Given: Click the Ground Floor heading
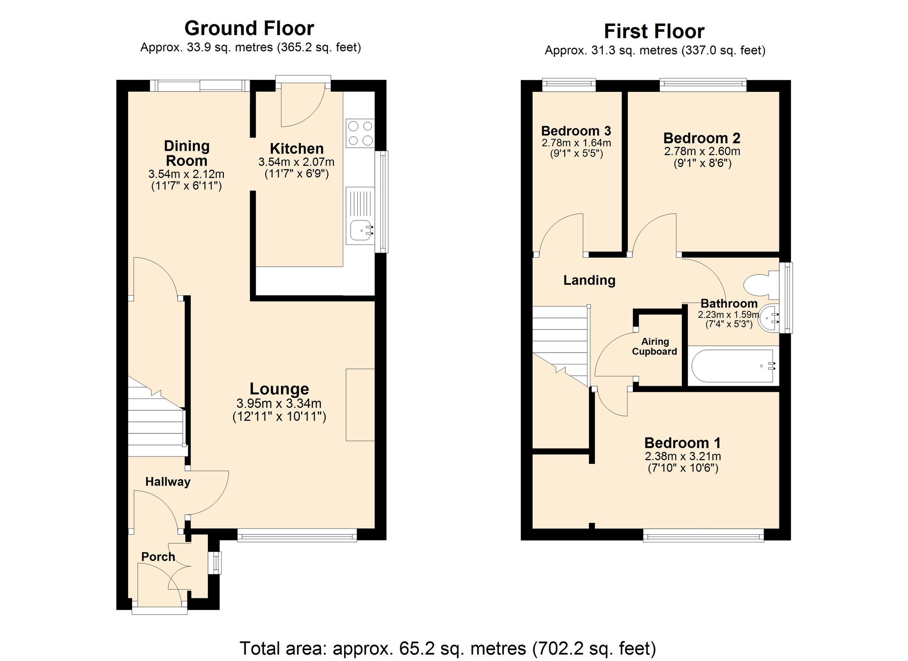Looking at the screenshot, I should (249, 29).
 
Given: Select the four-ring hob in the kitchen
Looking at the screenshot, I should (360, 133).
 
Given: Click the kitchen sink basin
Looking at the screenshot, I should (361, 230).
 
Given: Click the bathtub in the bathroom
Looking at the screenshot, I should (733, 366).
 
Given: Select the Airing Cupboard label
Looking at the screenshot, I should (655, 347).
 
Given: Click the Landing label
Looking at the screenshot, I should (589, 280).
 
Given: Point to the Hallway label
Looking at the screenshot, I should (168, 482).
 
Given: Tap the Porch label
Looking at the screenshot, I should (158, 557).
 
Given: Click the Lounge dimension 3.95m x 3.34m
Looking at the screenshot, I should (279, 403).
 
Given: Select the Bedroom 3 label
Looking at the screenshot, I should (576, 131).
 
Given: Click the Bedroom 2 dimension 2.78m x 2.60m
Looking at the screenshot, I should (702, 151).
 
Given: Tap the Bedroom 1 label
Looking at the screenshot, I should (682, 443).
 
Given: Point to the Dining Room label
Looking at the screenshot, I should (187, 154).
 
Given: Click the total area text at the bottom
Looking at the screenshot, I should (447, 648).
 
